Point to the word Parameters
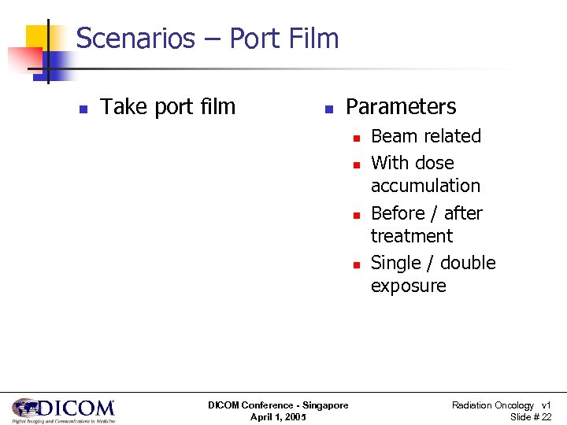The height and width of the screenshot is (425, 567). (x=401, y=107)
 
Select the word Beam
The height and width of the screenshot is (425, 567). (x=392, y=136)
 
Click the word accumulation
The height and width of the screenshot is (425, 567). (x=425, y=187)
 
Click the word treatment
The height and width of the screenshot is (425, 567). (x=411, y=236)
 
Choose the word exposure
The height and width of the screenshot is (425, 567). (x=408, y=286)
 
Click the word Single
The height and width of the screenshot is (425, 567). (x=395, y=263)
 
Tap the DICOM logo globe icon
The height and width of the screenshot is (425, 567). (x=26, y=408)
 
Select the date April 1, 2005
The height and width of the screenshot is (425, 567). (x=278, y=417)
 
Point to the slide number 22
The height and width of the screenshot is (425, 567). (x=546, y=417)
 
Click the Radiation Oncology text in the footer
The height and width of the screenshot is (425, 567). (x=492, y=405)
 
